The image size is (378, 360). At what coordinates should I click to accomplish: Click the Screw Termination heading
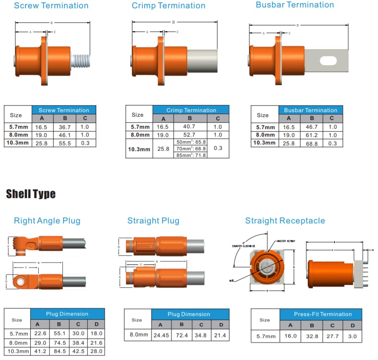click(x=51, y=5)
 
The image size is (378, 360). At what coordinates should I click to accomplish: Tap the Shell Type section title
click(x=31, y=194)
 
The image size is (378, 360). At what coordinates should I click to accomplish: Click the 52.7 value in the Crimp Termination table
click(x=190, y=135)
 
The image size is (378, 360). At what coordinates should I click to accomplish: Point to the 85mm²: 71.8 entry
click(x=191, y=155)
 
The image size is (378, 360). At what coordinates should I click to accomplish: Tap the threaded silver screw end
click(x=81, y=61)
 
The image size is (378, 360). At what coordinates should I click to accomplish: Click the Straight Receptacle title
click(x=285, y=220)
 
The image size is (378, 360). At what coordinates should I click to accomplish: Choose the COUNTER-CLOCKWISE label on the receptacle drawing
click(x=243, y=246)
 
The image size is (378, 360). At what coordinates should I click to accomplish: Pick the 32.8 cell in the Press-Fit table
click(x=312, y=336)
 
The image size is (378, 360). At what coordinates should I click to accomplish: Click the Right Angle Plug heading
click(x=47, y=220)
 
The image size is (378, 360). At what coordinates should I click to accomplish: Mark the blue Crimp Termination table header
click(x=191, y=110)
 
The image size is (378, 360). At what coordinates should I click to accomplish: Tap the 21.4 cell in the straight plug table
click(x=221, y=336)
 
